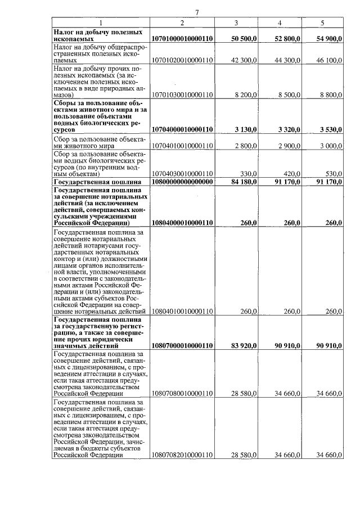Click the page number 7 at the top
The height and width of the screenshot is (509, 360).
click(x=197, y=13)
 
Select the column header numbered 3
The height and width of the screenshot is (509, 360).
click(x=236, y=22)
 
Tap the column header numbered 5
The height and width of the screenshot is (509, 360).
click(x=322, y=22)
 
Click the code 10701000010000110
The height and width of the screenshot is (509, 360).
click(x=182, y=39)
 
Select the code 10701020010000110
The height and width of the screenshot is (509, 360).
click(x=182, y=60)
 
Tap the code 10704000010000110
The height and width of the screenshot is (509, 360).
click(x=182, y=130)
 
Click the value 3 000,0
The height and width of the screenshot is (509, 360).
click(x=331, y=145)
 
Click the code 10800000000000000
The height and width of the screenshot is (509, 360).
click(x=182, y=182)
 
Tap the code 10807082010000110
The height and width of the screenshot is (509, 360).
click(x=182, y=455)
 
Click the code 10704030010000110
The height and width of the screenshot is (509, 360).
click(x=182, y=174)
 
